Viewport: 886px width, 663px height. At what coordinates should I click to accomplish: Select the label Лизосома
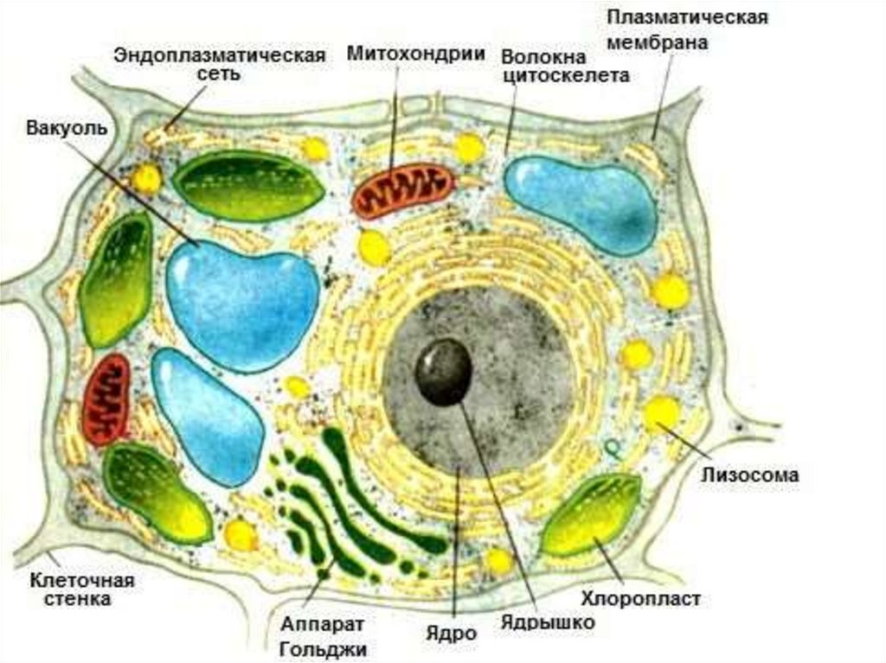(750, 475)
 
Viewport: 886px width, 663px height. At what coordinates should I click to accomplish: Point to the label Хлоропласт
(640, 598)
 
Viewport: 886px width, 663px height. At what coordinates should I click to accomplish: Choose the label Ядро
(452, 633)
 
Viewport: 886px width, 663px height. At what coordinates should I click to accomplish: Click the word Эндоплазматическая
(220, 55)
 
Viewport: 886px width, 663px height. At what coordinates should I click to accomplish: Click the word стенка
(79, 599)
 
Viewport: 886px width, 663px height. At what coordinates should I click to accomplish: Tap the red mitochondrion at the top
(403, 190)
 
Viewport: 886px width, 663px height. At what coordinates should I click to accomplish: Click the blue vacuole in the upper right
(581, 203)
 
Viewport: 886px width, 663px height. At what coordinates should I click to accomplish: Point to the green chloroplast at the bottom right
(590, 517)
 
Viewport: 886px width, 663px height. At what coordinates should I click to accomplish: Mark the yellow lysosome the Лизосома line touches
(661, 413)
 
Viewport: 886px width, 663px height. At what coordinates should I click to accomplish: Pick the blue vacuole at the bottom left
(208, 415)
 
